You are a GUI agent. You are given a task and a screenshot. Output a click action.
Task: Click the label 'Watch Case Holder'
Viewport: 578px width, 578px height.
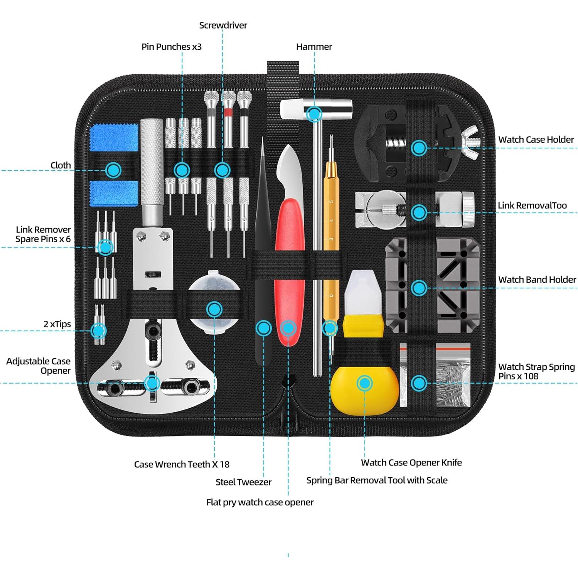tap(536, 140)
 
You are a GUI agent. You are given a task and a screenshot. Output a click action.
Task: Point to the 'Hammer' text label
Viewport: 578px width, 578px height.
tap(314, 47)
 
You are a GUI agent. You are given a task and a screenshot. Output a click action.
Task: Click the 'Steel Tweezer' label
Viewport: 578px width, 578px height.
tap(243, 482)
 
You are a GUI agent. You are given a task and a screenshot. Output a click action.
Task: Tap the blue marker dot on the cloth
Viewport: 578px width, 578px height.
tap(113, 170)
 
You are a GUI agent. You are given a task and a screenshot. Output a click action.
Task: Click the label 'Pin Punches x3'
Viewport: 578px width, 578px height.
tap(171, 47)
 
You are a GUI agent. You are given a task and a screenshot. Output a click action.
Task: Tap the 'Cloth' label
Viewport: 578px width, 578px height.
tap(61, 165)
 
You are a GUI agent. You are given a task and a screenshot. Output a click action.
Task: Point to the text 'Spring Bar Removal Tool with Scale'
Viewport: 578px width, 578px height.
tap(377, 480)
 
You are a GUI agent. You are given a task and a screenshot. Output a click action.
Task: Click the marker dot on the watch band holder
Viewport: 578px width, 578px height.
tap(419, 288)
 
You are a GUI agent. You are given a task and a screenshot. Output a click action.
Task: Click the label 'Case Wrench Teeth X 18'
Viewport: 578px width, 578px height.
tap(182, 464)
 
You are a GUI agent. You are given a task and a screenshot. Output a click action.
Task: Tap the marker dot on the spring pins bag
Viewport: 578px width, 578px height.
tap(419, 383)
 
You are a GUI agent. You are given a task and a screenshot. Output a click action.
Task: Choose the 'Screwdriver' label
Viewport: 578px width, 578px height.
tap(223, 25)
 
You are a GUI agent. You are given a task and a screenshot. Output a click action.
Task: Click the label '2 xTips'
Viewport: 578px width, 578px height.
tap(57, 324)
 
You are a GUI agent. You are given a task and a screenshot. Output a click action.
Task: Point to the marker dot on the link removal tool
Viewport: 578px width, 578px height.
tap(419, 212)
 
